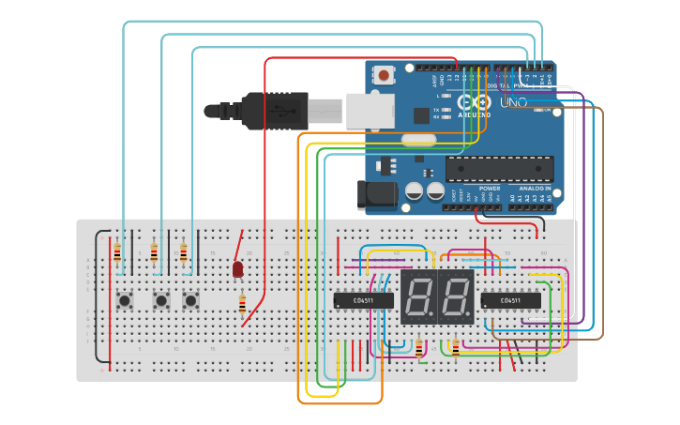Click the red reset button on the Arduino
click(383, 75)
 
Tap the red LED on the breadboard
click(237, 269)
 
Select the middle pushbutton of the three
click(161, 300)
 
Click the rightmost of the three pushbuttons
click(190, 300)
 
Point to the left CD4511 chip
click(363, 300)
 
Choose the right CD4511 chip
click(510, 300)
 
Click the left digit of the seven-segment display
click(419, 297)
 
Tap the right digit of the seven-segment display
click(455, 297)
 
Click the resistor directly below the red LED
click(242, 305)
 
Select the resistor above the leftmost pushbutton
click(117, 252)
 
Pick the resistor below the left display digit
click(419, 348)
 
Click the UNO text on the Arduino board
click(513, 102)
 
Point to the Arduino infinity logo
click(473, 101)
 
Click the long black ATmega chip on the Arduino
click(499, 169)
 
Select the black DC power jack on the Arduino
click(374, 195)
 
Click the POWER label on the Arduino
click(490, 189)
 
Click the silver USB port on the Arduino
click(370, 110)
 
